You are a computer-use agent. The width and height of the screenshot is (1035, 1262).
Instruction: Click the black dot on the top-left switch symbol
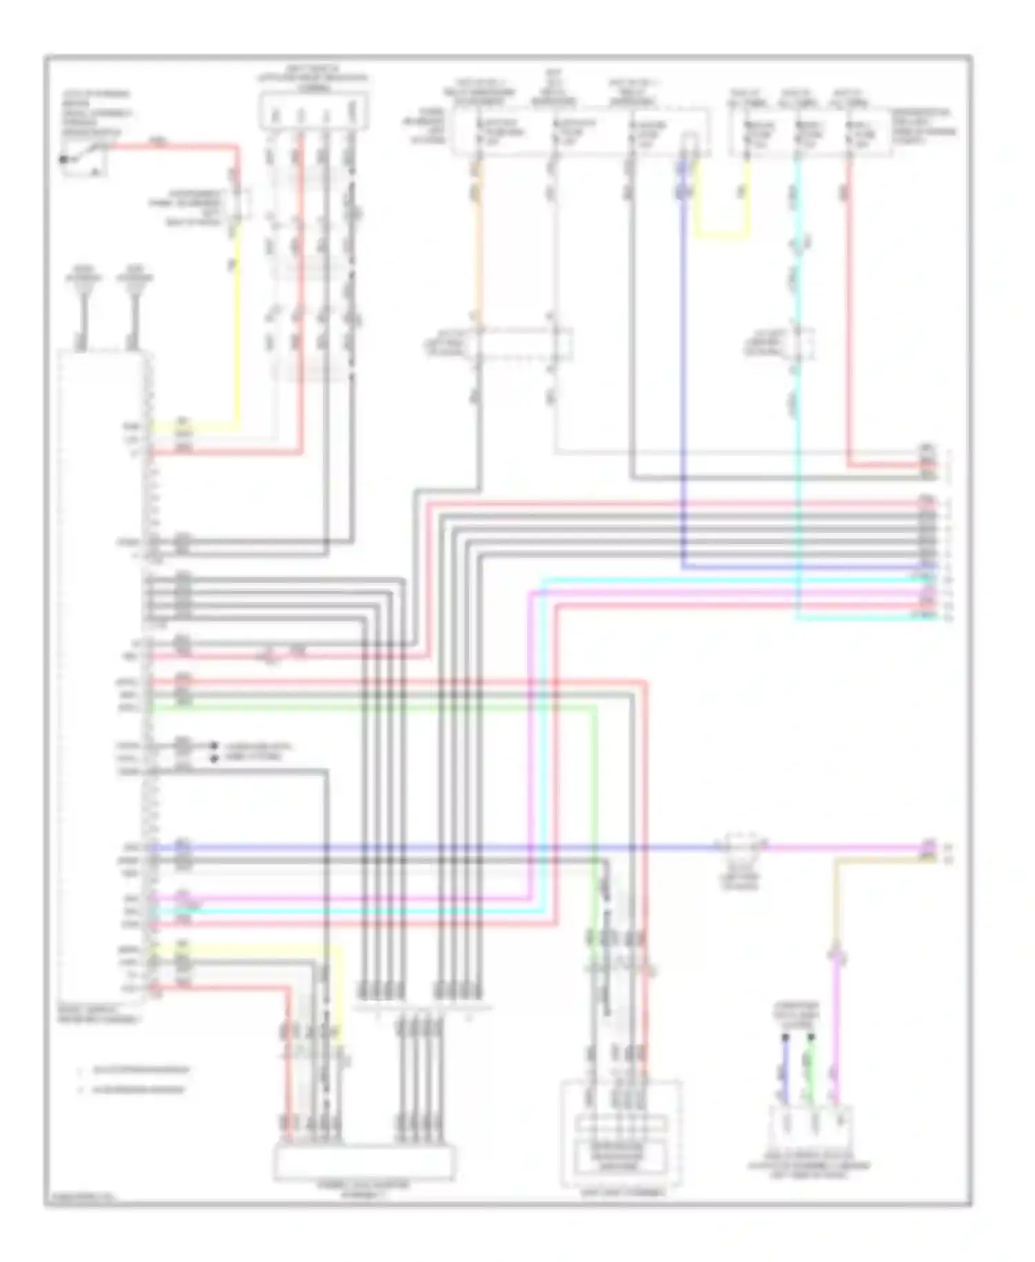coord(64,159)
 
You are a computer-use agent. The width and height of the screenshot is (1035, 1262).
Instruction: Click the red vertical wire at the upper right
coord(849,311)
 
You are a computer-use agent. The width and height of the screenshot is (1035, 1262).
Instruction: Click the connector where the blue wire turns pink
coord(741,846)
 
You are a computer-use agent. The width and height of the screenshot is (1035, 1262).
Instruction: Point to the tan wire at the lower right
coord(837,897)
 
